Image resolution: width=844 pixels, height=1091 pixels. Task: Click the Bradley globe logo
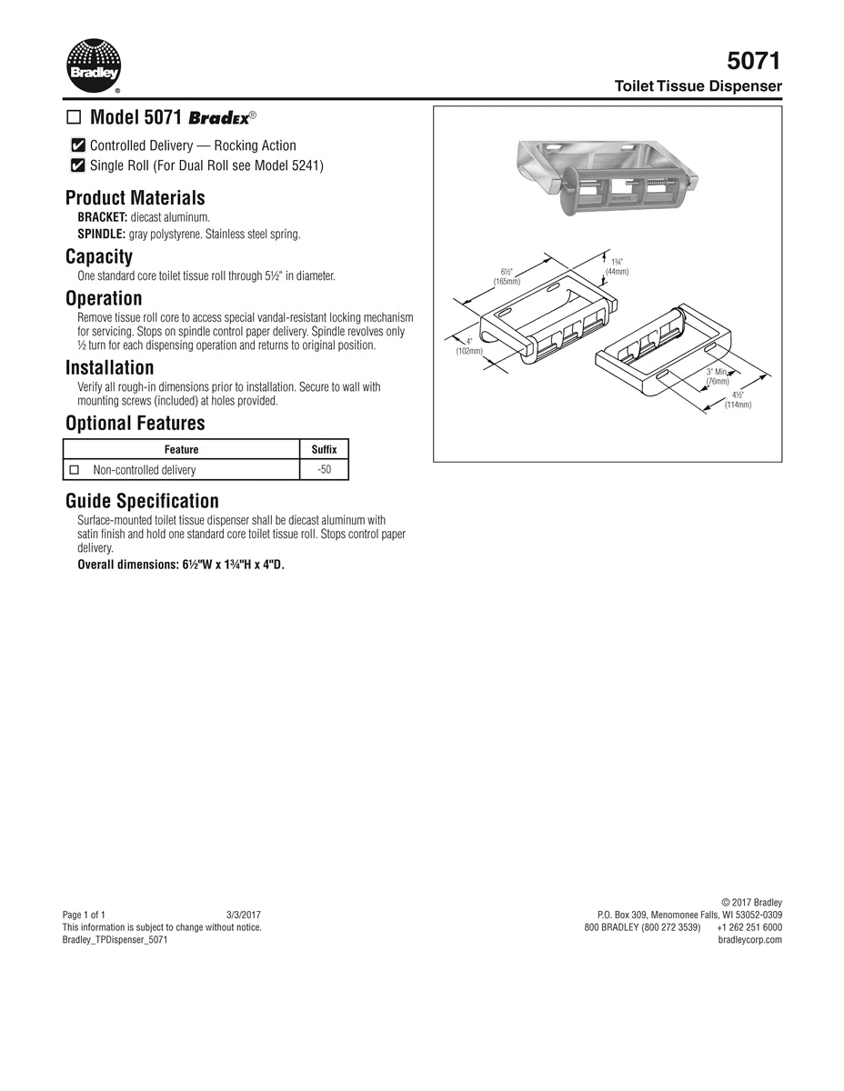click(x=93, y=65)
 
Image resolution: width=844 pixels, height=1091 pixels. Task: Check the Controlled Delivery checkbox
click(x=78, y=145)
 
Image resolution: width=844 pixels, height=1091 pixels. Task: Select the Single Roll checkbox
click(x=78, y=165)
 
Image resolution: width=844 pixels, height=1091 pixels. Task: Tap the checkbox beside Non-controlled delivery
click(x=75, y=470)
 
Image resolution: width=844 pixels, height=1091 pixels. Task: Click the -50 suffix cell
click(x=324, y=470)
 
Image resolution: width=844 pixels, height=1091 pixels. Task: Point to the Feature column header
click(x=181, y=449)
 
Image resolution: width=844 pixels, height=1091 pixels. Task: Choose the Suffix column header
click(x=324, y=449)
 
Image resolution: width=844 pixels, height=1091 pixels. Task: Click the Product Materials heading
click(x=135, y=198)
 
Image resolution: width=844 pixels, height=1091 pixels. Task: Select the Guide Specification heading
click(x=142, y=501)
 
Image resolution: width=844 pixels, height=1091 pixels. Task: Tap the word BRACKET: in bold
click(x=102, y=217)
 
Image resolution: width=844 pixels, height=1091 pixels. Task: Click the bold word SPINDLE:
click(x=101, y=234)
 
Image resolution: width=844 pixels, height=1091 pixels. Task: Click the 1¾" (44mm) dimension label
click(x=617, y=266)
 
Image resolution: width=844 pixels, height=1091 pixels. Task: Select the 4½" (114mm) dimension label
click(x=738, y=400)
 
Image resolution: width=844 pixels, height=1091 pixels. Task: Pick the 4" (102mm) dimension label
click(x=469, y=346)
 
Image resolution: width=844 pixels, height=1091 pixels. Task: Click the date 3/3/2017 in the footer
click(x=243, y=915)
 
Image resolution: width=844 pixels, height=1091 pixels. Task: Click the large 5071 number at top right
click(x=753, y=61)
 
